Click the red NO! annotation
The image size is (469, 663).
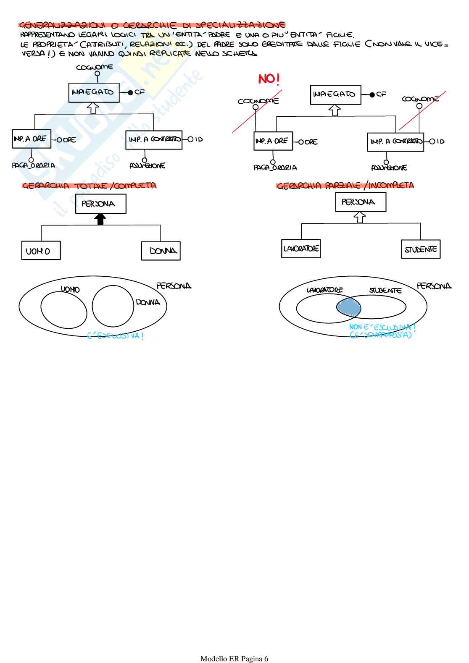tap(269, 79)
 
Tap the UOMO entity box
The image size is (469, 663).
tap(41, 251)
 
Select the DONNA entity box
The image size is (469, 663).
tap(161, 251)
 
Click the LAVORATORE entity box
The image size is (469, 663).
tap(301, 249)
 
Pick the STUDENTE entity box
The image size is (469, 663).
tap(421, 249)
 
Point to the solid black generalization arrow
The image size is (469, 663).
tap(100, 219)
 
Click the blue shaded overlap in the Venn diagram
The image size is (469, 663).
tap(349, 307)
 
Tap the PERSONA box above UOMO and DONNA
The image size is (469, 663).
tap(100, 204)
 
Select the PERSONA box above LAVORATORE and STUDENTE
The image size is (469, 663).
tap(361, 202)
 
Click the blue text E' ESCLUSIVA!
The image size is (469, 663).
tap(116, 336)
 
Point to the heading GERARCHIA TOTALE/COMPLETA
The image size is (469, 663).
tap(89, 186)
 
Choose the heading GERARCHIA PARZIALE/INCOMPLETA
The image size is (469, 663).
tap(345, 185)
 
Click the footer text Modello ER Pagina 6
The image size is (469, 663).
tap(234, 658)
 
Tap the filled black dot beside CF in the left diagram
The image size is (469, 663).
tap(130, 92)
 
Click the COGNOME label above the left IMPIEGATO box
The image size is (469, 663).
tap(95, 67)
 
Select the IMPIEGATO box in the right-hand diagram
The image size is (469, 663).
tap(335, 94)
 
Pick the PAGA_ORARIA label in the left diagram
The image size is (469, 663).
tap(33, 165)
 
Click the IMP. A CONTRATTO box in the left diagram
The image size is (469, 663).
tap(154, 140)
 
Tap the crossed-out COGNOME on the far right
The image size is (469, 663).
tap(420, 99)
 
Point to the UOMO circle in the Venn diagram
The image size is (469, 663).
tap(63, 309)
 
